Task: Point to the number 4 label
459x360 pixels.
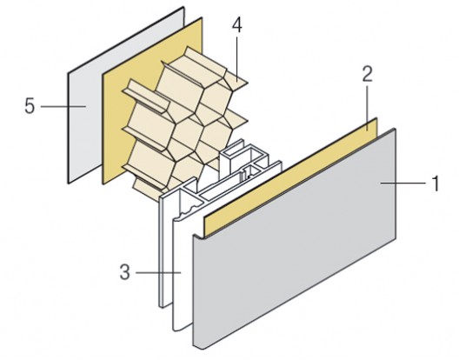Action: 236,26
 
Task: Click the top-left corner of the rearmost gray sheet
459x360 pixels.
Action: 67,72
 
